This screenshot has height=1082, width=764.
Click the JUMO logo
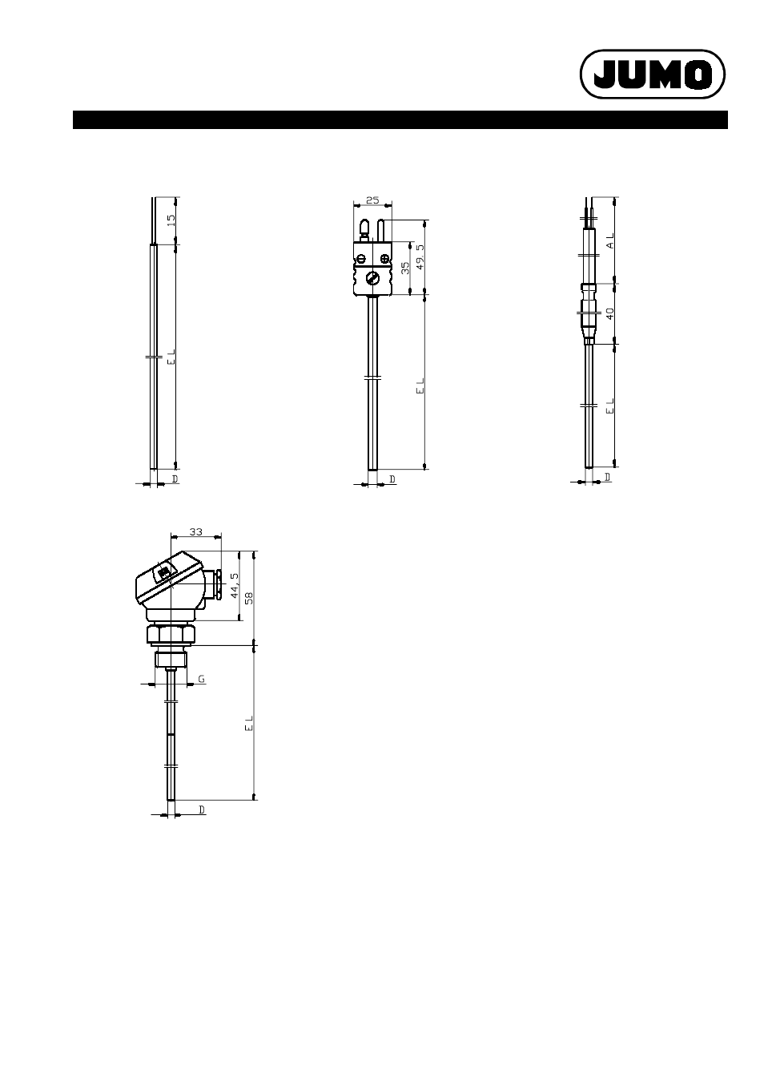click(652, 75)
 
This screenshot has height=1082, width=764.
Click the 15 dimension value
click(171, 220)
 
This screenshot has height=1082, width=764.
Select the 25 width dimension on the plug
click(372, 200)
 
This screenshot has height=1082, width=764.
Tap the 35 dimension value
click(405, 268)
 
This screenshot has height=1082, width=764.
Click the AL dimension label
click(611, 240)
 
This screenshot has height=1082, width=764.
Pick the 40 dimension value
click(610, 314)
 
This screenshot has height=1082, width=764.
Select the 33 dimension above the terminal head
click(196, 532)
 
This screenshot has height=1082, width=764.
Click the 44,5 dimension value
click(235, 586)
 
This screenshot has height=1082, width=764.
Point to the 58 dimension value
click(249, 599)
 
